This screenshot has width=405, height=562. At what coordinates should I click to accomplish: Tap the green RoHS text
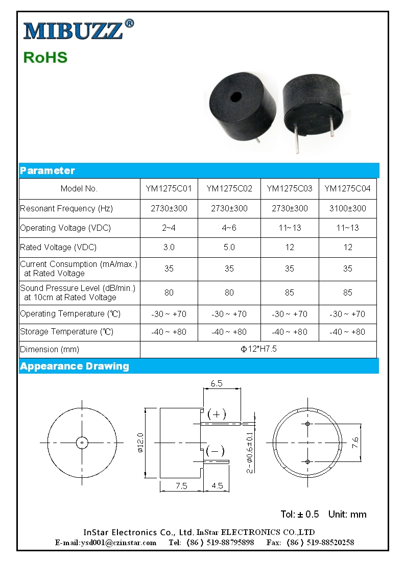(x=45, y=57)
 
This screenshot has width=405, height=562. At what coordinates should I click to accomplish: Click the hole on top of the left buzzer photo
(x=235, y=97)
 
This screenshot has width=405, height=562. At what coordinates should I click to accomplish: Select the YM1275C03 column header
(x=290, y=189)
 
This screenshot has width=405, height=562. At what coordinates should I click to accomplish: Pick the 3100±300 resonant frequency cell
(x=348, y=208)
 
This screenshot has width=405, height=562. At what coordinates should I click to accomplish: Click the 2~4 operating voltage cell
(x=169, y=228)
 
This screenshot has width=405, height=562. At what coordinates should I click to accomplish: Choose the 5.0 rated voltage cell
(x=229, y=247)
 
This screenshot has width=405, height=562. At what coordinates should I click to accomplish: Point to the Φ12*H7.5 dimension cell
(x=258, y=349)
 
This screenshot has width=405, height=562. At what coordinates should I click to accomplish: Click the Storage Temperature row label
(x=66, y=332)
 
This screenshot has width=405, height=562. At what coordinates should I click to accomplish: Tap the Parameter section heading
(x=47, y=170)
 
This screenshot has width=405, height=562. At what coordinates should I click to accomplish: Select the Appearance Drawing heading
(x=75, y=366)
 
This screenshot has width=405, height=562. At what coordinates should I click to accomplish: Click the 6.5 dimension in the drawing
(x=217, y=383)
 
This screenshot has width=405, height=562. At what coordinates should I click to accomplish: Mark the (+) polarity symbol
(x=216, y=414)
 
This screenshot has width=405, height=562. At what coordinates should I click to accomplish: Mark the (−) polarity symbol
(x=215, y=451)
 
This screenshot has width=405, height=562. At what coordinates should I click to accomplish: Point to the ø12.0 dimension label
(x=140, y=442)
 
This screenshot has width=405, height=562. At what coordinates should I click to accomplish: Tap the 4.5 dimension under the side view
(x=217, y=485)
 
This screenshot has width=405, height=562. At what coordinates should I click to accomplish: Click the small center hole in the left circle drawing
(x=82, y=442)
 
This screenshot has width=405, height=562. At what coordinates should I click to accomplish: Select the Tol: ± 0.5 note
(x=300, y=514)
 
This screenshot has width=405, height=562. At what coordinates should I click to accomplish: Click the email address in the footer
(x=106, y=543)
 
